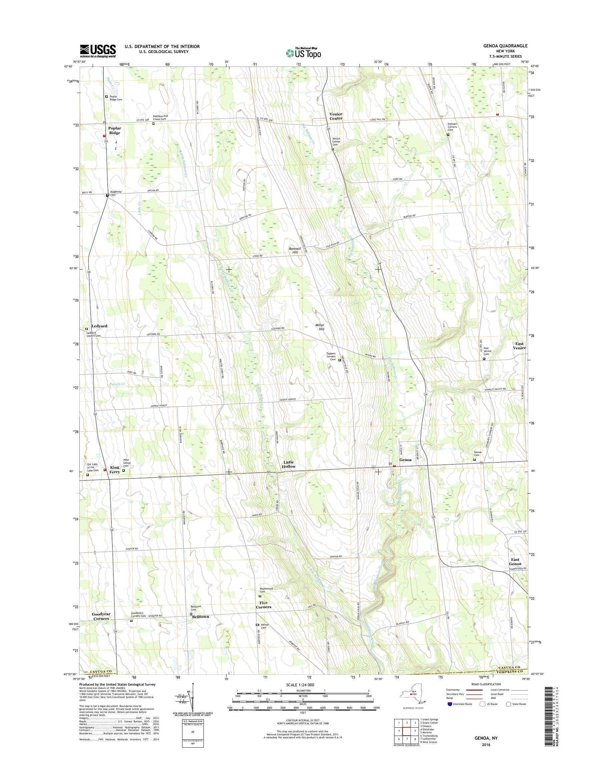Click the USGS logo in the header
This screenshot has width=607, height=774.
click(98, 50)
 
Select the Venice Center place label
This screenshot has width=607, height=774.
click(336, 116)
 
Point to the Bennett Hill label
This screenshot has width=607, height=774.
click(294, 250)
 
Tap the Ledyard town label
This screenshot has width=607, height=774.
click(99, 326)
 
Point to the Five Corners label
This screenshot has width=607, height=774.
click(265, 605)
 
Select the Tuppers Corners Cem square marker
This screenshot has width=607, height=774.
click(340, 360)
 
